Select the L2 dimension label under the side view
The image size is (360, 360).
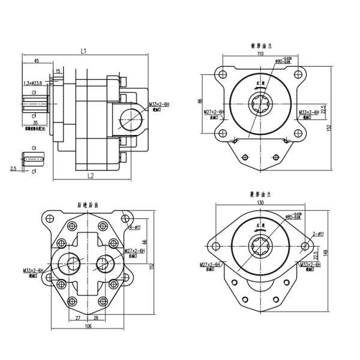[90, 175]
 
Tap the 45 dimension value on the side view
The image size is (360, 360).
[37, 61]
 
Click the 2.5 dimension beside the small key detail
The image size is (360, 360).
[13, 169]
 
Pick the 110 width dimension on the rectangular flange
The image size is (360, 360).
[260, 54]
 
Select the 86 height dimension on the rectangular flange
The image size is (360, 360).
[200, 103]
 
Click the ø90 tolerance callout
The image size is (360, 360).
[286, 61]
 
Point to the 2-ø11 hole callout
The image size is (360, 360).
[317, 233]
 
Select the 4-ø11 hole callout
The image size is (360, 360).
[135, 227]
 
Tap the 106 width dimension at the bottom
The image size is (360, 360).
[88, 326]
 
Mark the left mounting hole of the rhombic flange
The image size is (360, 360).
[214, 247]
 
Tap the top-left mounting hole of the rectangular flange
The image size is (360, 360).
[223, 75]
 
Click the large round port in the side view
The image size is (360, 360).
[131, 119]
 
